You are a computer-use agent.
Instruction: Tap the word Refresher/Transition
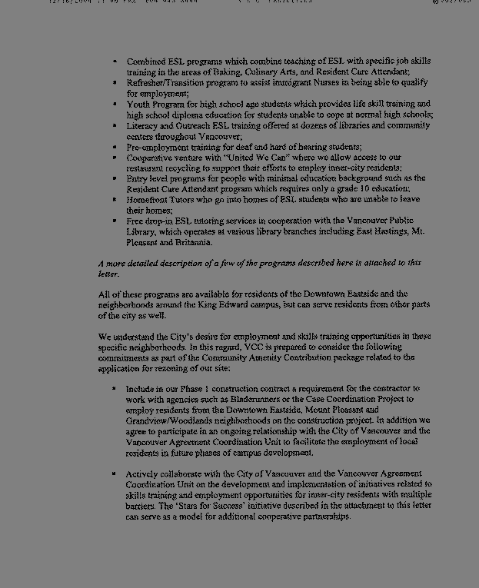point(164,82)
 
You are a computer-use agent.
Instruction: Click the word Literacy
point(143,125)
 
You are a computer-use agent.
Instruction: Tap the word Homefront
point(149,200)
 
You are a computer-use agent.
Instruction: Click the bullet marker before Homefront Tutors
point(115,200)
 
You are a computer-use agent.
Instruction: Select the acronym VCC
point(254,347)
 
